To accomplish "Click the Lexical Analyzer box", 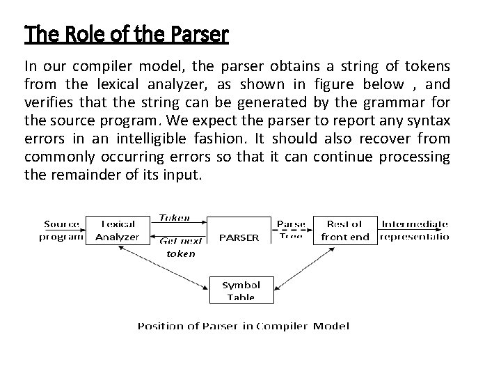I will [117, 230].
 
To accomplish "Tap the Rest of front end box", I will [345, 230].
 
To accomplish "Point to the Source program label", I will [62, 230].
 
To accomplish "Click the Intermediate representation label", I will [415, 230].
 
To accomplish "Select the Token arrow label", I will [174, 218].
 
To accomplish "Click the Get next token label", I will [180, 246].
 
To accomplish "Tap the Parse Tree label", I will [290, 230].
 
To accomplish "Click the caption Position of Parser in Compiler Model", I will [243, 325].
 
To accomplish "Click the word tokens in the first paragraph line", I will [423, 67].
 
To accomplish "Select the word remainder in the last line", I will [79, 175].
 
